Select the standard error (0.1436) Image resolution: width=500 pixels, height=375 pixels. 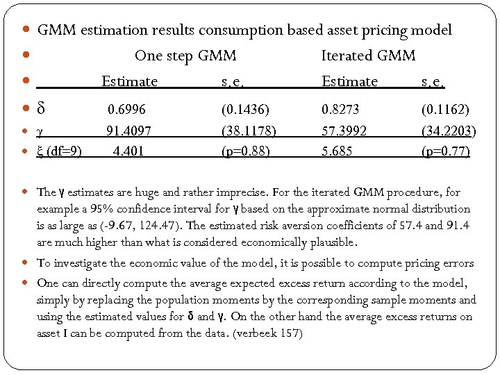[245, 110]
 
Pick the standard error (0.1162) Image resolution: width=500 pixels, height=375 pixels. [445, 110]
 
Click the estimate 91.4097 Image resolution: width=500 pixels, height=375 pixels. [128, 130]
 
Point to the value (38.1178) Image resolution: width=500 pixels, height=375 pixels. [248, 130]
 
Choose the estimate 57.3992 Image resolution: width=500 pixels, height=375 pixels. [344, 130]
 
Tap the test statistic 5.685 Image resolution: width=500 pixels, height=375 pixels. [337, 150]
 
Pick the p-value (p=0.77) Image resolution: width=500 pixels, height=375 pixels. [445, 150]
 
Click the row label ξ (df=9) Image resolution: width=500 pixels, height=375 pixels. [59, 150]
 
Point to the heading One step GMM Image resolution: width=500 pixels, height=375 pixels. [185, 56]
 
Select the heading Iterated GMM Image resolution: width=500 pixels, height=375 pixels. [369, 56]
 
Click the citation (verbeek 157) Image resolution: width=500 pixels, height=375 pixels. [268, 333]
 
